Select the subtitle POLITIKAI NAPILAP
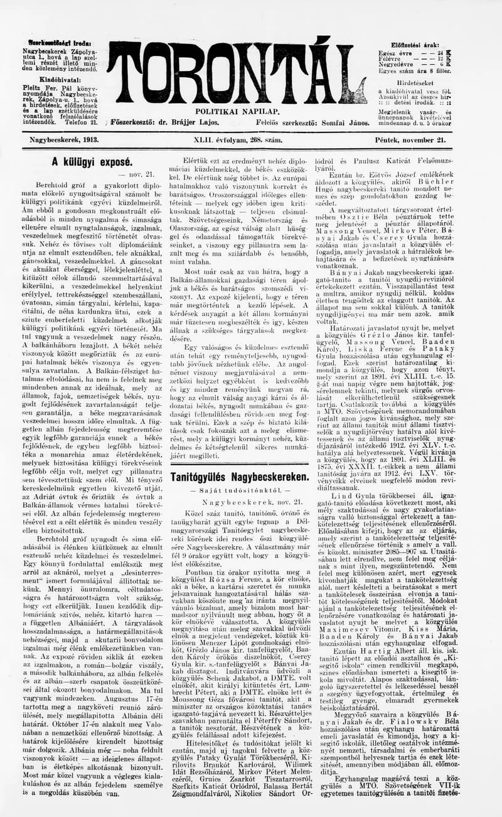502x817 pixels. click(228, 111)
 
